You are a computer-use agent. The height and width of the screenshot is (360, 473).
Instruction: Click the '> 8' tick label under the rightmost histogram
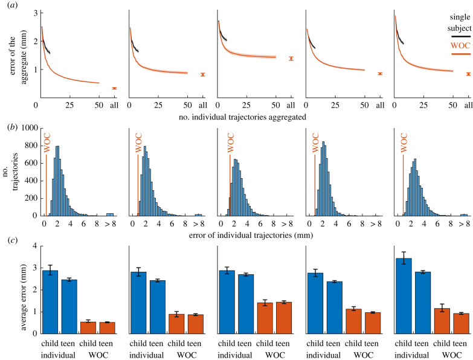click(464, 223)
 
